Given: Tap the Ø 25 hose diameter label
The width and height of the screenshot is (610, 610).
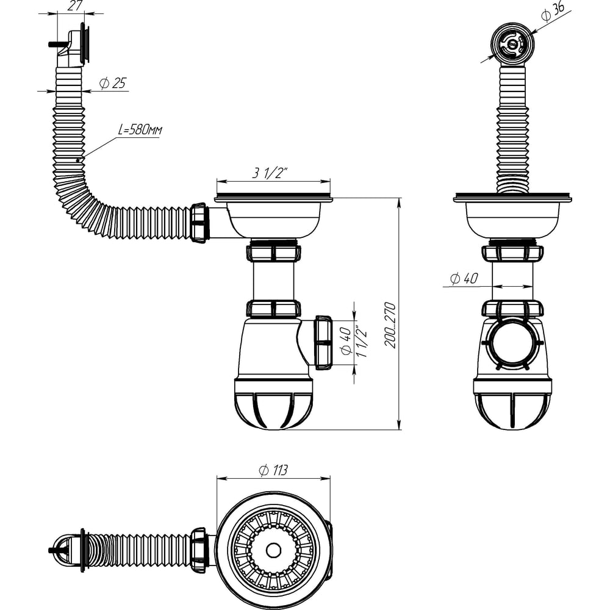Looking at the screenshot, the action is click(113, 83).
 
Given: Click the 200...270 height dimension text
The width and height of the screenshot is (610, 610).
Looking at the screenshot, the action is click(390, 325).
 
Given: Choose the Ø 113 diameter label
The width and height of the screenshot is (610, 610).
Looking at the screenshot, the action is click(273, 470).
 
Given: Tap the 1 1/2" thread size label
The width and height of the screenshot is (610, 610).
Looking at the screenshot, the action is click(362, 342).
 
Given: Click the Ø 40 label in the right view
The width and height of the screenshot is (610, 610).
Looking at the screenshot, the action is click(464, 279).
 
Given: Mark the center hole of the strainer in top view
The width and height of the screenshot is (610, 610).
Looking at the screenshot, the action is click(273, 550).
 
